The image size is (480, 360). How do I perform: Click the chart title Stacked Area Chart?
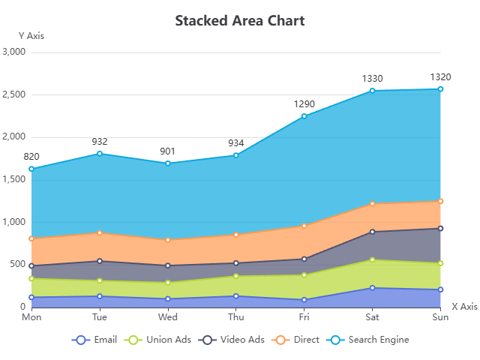coord(240,20)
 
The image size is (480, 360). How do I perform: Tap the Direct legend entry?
coord(298,340)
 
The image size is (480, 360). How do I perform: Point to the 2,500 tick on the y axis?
coord(14,94)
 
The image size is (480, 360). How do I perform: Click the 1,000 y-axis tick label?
coord(14,222)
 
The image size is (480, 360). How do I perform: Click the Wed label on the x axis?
coord(168,317)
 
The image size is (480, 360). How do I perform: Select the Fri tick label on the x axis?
coord(304,317)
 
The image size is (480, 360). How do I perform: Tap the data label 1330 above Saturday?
coord(372,78)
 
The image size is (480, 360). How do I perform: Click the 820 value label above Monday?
coord(31,156)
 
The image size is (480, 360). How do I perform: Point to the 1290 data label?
coord(304,103)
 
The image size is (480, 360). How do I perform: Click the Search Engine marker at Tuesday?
coord(100,154)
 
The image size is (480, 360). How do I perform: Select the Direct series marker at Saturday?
coord(372,204)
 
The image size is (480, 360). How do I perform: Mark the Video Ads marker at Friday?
coord(304,259)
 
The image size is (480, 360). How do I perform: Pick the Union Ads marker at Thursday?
coord(236,276)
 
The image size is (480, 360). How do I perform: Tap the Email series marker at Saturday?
coord(372,288)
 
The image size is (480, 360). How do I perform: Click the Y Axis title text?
coord(31,35)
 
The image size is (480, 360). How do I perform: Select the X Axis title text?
coord(463,306)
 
